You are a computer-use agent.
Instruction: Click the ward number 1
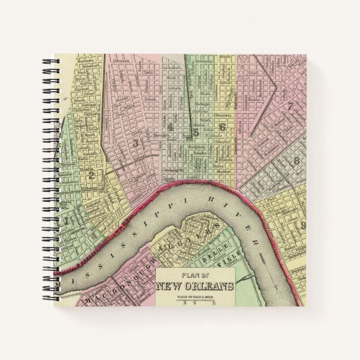[x=68, y=220]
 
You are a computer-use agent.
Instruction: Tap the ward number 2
[x=91, y=175]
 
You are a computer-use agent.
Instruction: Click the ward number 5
[x=196, y=132]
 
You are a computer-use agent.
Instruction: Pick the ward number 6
[x=222, y=127]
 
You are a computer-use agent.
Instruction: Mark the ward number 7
[x=290, y=106]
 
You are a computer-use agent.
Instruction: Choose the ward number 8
[x=297, y=161]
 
